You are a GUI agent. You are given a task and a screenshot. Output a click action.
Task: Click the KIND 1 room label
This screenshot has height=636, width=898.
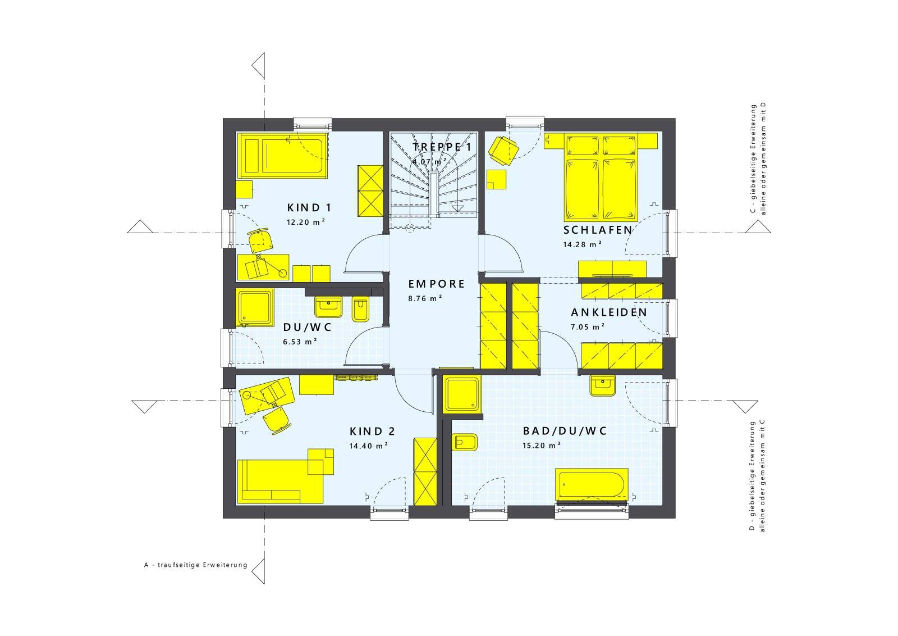309,208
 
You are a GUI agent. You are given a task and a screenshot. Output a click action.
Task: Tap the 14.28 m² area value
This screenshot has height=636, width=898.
582,244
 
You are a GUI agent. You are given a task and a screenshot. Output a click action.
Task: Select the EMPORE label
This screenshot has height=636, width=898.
436,284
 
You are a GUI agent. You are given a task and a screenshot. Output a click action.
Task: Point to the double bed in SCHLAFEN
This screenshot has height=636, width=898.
601,177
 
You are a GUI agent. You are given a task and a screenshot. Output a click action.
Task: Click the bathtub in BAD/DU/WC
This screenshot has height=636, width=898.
592,484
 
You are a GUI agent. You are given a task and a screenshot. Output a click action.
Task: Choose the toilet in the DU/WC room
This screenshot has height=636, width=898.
360,310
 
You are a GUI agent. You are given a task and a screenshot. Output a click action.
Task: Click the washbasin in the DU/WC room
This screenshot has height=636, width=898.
328,307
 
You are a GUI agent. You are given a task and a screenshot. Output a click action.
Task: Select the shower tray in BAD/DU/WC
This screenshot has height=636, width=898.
462,395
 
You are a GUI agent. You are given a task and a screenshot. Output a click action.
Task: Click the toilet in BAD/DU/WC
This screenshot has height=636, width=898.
465,443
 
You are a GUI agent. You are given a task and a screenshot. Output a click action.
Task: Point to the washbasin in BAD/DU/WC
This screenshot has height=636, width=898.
603,385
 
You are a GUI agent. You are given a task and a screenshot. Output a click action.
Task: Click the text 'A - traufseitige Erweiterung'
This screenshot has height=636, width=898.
196,565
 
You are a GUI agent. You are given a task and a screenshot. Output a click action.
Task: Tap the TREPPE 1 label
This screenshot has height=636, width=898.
442,147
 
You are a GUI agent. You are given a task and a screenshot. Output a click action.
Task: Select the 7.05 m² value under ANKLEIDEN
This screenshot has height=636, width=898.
588,327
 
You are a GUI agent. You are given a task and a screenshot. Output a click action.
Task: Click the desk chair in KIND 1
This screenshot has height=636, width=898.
260,240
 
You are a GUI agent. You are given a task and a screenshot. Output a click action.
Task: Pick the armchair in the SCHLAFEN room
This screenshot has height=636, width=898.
503,150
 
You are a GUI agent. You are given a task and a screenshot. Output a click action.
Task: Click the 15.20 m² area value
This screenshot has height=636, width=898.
541,446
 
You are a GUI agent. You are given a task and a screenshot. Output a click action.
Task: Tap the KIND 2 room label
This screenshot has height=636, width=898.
373,431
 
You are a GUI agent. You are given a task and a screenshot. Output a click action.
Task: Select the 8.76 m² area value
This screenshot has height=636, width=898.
425,298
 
